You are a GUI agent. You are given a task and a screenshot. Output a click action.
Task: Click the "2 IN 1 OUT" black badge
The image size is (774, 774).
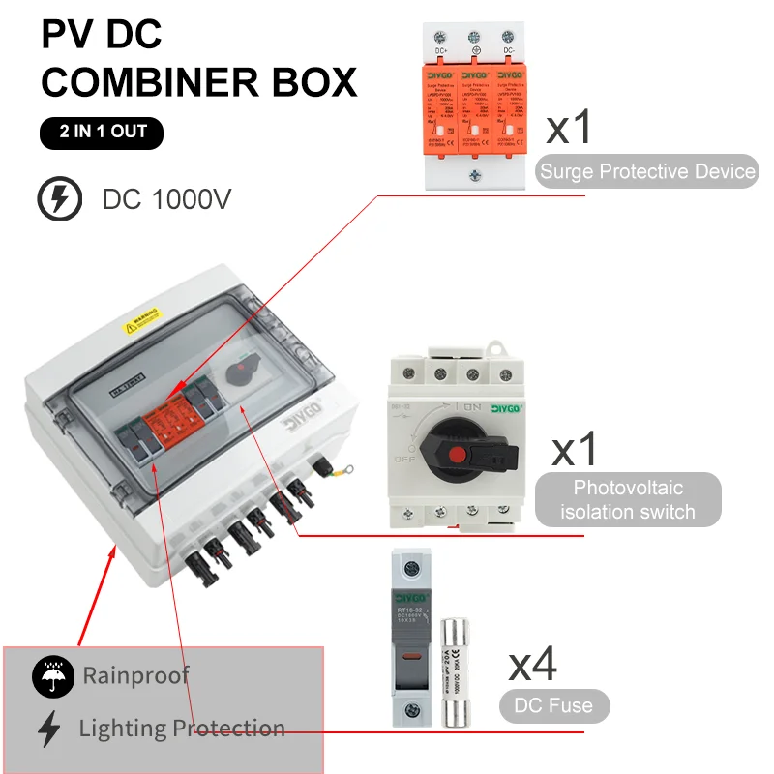point(102,131)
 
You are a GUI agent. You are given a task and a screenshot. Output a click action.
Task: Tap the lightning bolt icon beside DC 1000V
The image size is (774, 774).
point(59,199)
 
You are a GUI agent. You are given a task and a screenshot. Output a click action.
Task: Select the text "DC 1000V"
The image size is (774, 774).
point(167,200)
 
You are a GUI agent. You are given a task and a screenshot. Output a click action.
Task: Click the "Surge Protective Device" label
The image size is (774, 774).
point(647,172)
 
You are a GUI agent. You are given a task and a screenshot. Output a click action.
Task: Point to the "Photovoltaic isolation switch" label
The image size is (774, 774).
point(628,499)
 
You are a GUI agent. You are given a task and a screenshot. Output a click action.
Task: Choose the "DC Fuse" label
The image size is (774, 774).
point(554,705)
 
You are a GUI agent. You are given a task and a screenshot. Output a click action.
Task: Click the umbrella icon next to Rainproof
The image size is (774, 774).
point(52,675)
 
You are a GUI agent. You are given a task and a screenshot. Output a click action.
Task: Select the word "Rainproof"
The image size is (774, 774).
point(135,675)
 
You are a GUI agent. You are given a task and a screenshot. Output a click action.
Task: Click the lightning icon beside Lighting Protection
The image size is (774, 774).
point(49,729)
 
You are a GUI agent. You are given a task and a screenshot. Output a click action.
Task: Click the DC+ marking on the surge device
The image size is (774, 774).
point(441,49)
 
